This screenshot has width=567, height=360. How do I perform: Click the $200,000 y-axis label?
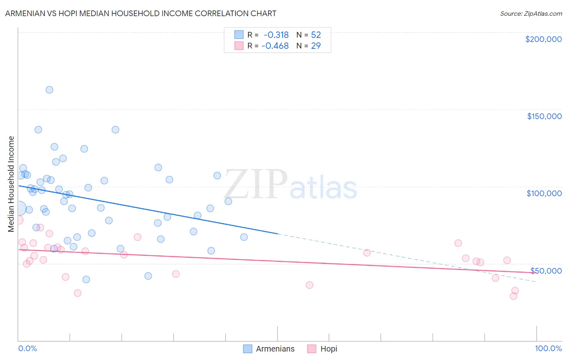(x=543, y=39)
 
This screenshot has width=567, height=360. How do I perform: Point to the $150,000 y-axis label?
(x=544, y=116)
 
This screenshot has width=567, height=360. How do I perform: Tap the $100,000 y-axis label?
(x=544, y=193)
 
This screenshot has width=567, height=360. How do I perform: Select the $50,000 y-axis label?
(x=546, y=270)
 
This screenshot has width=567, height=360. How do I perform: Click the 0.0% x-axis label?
(x=27, y=349)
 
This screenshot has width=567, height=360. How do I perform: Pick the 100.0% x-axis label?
(x=548, y=349)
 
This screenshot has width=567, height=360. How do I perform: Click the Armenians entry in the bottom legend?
(x=275, y=349)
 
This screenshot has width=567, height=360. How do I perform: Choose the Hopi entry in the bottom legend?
(x=329, y=349)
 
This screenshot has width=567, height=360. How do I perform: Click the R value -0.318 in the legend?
(x=276, y=35)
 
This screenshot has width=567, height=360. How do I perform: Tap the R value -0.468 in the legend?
(x=275, y=46)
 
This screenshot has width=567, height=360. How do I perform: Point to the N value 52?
(x=316, y=35)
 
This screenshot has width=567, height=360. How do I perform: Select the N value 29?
(x=316, y=46)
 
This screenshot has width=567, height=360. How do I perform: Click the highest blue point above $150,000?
(x=49, y=90)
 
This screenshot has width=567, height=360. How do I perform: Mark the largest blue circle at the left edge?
(x=19, y=209)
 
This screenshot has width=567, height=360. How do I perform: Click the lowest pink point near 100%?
(x=513, y=296)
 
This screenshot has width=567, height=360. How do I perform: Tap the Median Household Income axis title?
(x=11, y=184)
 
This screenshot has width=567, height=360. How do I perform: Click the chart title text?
(x=141, y=13)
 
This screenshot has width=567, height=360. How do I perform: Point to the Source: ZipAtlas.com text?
(x=531, y=14)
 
